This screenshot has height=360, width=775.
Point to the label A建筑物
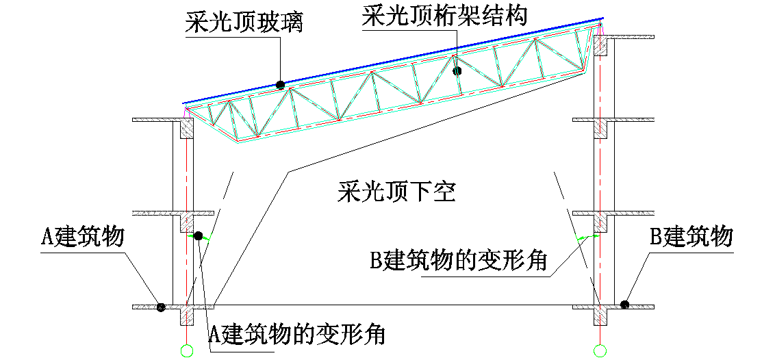click(x=83, y=237)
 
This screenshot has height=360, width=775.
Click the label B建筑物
click(x=691, y=237)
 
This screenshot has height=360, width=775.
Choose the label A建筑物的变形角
click(x=296, y=335)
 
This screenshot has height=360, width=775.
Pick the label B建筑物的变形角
click(x=459, y=261)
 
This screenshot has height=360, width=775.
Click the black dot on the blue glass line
click(x=280, y=85)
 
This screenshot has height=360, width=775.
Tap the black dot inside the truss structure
click(x=457, y=70)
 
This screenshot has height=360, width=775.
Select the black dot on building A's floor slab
click(x=160, y=307)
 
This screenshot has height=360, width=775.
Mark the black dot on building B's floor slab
click(x=624, y=305)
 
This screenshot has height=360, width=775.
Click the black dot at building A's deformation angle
click(x=198, y=236)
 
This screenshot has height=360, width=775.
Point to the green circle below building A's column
click(x=187, y=351)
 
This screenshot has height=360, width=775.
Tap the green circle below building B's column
click(x=600, y=351)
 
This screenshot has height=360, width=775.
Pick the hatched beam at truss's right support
click(x=600, y=45)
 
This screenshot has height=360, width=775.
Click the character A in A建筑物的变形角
click(x=214, y=335)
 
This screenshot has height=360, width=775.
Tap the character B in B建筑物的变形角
click(x=376, y=261)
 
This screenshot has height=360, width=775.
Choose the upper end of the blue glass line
click(x=602, y=18)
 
